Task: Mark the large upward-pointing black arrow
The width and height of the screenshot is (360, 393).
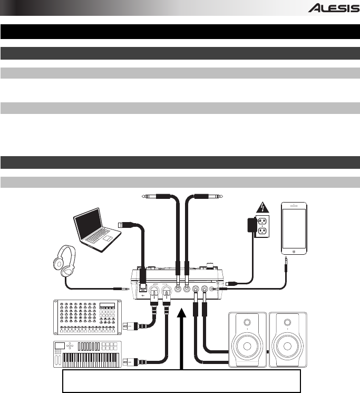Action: point(182,338)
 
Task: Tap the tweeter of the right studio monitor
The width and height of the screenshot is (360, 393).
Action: point(288,322)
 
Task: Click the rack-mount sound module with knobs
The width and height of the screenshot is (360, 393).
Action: point(87,316)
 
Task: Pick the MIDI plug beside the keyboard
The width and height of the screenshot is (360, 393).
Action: point(129,361)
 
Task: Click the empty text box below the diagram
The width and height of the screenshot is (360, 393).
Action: point(182,381)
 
